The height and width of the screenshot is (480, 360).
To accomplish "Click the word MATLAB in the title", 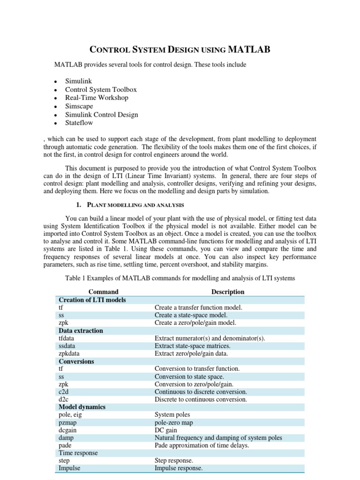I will pyautogui.click(x=248, y=50).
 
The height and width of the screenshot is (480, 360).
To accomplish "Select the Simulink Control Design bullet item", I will pyautogui.click(x=101, y=114).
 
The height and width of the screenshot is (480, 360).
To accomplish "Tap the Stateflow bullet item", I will pyautogui.click(x=79, y=123).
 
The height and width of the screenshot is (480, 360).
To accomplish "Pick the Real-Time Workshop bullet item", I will pyautogui.click(x=96, y=97).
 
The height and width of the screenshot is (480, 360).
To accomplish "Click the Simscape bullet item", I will pyautogui.click(x=79, y=106).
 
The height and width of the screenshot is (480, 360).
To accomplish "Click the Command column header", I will pyautogui.click(x=104, y=292).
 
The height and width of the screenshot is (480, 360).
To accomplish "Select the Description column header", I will pyautogui.click(x=228, y=292).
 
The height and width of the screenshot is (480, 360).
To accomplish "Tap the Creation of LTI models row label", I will pyautogui.click(x=92, y=300).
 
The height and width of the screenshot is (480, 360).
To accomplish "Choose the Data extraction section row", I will pyautogui.click(x=81, y=330).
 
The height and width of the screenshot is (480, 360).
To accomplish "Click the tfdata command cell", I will pyautogui.click(x=66, y=338).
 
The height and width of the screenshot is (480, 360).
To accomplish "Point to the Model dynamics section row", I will pyautogui.click(x=82, y=407).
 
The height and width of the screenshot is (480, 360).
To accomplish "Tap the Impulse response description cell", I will pyautogui.click(x=179, y=468).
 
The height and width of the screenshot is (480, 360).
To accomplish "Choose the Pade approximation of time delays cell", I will pyautogui.click(x=202, y=445).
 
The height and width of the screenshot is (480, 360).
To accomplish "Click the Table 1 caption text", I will pyautogui.click(x=180, y=278).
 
